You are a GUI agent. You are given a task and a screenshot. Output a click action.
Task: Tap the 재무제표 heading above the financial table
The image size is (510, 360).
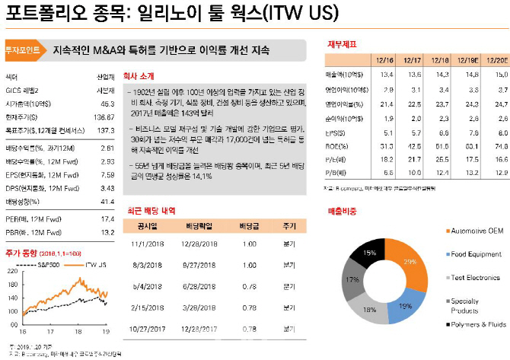[x=342, y=43]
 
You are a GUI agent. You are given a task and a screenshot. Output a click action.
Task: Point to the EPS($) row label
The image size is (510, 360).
[x=335, y=132]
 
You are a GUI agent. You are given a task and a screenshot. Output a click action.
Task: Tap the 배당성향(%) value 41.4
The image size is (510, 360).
[x=105, y=202]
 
